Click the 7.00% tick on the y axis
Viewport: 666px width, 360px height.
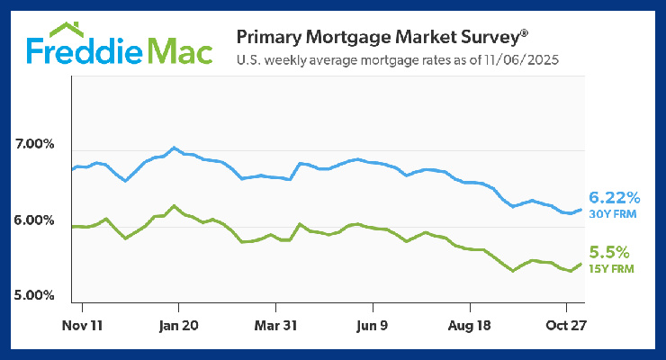[x=36, y=144]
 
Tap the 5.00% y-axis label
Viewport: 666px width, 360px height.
[x=36, y=295]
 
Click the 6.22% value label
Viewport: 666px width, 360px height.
[x=614, y=196]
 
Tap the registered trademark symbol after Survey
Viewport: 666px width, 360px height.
[x=524, y=33]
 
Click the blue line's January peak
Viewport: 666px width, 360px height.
[x=174, y=148]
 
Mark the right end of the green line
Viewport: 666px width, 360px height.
[x=580, y=264]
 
